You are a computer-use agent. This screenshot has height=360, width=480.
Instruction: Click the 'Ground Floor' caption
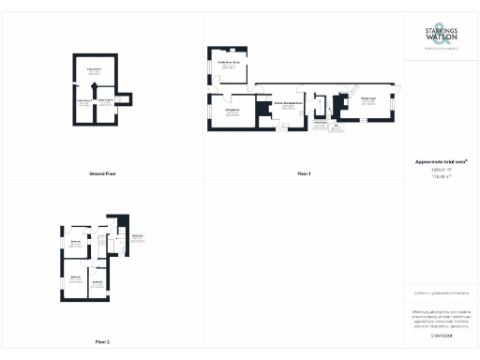click(x=102, y=174)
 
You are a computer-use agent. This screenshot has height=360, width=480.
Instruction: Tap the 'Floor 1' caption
click(x=304, y=174)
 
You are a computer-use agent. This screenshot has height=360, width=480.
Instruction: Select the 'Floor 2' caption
click(x=102, y=341)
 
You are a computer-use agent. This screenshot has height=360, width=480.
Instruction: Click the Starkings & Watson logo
click(x=441, y=37)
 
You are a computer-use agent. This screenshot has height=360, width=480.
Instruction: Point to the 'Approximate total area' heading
click(x=441, y=161)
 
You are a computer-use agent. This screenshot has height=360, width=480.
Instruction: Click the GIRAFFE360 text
click(x=441, y=335)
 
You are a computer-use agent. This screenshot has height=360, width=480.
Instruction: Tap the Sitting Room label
click(x=369, y=99)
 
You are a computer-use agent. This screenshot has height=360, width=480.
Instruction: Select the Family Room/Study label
click(x=231, y=64)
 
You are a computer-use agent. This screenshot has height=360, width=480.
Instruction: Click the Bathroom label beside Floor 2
click(x=138, y=236)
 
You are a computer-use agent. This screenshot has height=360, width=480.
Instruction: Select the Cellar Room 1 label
click(x=94, y=70)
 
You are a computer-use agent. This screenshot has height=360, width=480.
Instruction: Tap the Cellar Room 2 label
click(x=107, y=101)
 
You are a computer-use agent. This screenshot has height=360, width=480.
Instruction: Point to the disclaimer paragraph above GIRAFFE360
click(x=441, y=314)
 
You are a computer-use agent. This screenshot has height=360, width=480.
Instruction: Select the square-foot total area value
click(x=441, y=170)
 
